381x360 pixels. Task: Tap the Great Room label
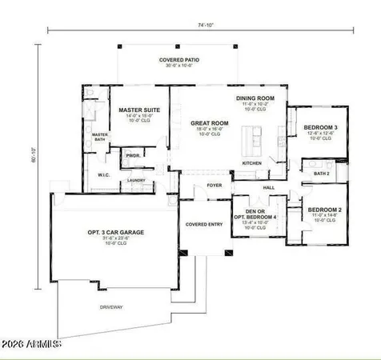210,124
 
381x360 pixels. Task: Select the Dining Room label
255,98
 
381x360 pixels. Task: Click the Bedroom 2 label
325,210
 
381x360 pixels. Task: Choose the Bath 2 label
321,173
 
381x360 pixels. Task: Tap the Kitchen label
252,164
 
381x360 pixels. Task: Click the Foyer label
215,185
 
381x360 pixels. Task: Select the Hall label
269,187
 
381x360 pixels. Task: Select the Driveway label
111,306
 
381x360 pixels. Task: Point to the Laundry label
137,181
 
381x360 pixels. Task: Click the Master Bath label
100,137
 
